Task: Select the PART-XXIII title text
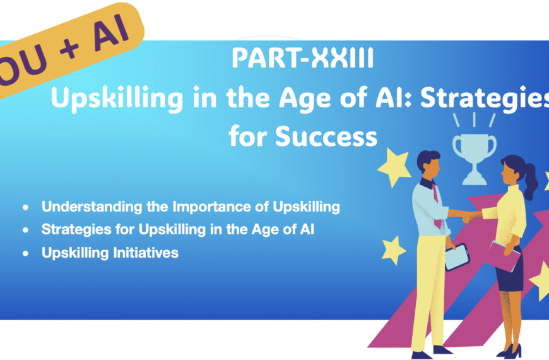[x=303, y=59]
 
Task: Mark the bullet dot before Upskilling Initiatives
[x=25, y=253]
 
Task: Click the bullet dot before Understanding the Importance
[x=25, y=207]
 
